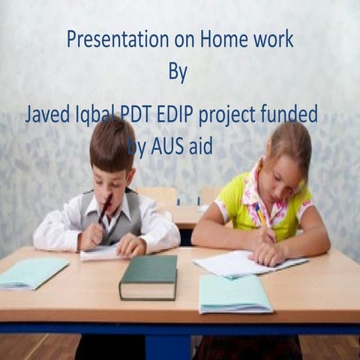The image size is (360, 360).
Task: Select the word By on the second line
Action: point(178,73)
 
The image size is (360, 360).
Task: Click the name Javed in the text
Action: point(46,115)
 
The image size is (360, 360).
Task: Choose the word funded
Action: point(288,115)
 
